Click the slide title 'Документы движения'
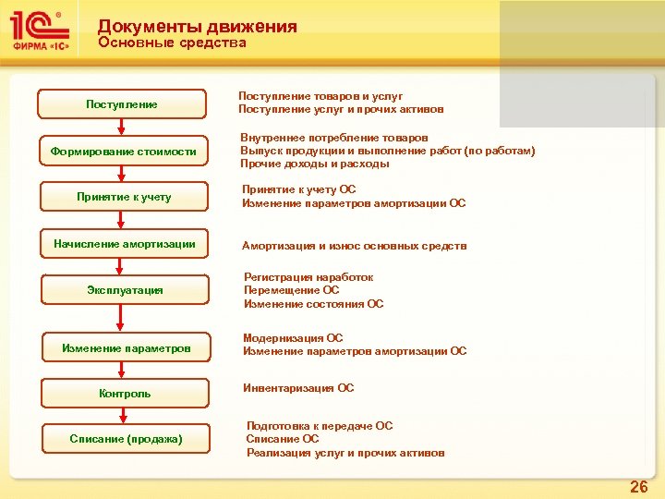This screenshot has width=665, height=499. [197, 27]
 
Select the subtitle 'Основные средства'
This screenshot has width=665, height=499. [172, 43]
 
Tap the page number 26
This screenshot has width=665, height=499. [638, 487]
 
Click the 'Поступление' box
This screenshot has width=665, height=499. [122, 104]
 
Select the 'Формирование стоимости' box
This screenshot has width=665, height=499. [122, 151]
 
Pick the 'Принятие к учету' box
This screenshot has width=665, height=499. [122, 197]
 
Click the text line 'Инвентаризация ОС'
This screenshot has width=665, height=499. [298, 388]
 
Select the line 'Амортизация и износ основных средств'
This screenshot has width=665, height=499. [354, 246]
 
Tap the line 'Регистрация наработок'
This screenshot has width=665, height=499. [308, 277]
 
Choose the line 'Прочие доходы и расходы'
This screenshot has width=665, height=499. [315, 164]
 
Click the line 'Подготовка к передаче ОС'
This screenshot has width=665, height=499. [320, 426]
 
